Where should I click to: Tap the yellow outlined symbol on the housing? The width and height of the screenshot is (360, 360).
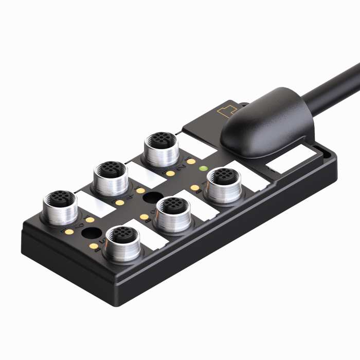pyautogui.click(x=227, y=111)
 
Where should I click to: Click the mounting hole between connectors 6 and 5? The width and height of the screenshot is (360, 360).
pyautogui.click(x=92, y=235)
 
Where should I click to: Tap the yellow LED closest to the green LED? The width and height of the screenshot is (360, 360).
pyautogui.click(x=192, y=161)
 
